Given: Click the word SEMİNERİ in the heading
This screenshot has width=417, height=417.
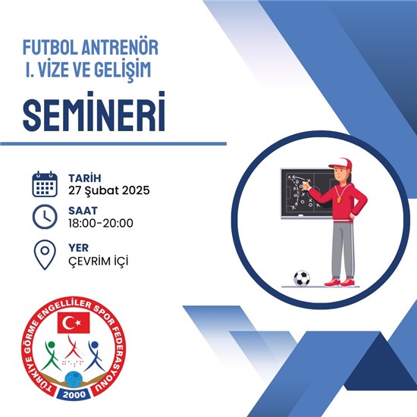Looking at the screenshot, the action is (94, 111).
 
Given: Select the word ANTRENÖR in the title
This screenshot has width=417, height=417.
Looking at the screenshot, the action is (120, 47).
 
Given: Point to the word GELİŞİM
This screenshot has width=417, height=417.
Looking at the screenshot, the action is (123, 71).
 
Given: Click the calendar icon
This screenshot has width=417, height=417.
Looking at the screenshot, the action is (45, 184).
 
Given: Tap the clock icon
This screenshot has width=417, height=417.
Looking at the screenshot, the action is (45, 217).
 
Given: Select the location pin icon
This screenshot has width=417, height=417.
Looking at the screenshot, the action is (45, 255).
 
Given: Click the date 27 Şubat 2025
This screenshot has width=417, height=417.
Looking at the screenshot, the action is (108, 190).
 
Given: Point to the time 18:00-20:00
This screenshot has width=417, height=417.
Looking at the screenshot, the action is (101, 223).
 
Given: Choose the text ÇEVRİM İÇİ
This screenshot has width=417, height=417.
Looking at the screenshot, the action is (98, 261).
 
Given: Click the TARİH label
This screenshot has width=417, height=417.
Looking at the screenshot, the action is (85, 178).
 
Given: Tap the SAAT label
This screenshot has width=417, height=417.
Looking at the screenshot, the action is (83, 211).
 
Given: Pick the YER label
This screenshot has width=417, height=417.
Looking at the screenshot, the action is (78, 248).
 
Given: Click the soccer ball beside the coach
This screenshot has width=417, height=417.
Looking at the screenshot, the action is (302, 278).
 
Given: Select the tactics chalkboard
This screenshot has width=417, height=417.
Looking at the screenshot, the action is (308, 193).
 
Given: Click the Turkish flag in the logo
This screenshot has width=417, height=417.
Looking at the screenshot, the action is (74, 322).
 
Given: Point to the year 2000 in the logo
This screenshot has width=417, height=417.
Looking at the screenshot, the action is (74, 395).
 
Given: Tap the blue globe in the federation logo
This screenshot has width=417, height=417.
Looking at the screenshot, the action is (74, 380).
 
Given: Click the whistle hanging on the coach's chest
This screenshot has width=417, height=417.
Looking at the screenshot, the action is (339, 199).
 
